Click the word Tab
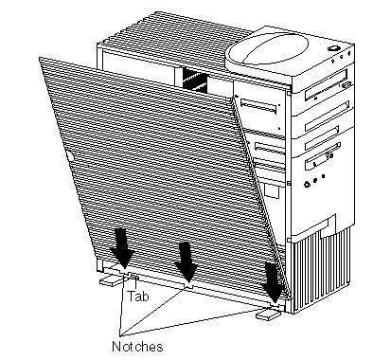tap(138, 296)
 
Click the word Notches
tap(137, 347)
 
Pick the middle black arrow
tap(186, 262)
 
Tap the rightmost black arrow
tap(274, 283)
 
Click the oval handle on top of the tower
tap(268, 49)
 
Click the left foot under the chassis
tap(111, 280)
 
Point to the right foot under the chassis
tap(268, 315)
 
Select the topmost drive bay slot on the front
tap(326, 84)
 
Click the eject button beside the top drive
tap(346, 84)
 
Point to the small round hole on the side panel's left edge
tap(70, 156)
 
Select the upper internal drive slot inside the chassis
tap(258, 106)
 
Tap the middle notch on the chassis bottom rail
tap(188, 286)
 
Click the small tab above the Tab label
tap(135, 277)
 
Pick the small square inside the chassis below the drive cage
tap(271, 191)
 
